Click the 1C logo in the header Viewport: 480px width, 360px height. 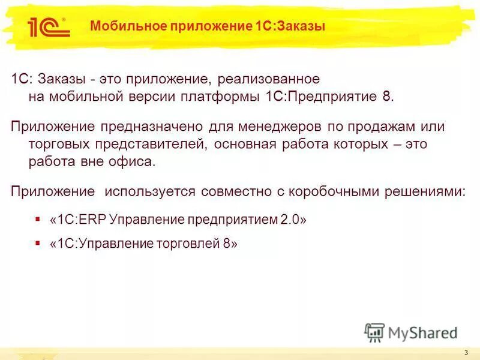coord(49,27)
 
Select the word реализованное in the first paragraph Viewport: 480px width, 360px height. coord(268,80)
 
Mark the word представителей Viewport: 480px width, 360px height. coord(141,145)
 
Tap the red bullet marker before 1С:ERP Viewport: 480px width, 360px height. coord(38,220)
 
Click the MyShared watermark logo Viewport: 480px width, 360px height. coord(411,332)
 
